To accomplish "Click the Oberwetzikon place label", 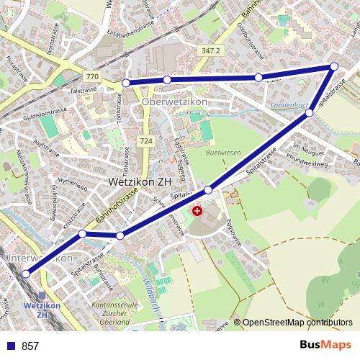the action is [x=175, y=102].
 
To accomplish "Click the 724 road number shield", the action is [x=146, y=140].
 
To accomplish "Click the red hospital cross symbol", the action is [x=197, y=211].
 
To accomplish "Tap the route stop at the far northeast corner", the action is [x=333, y=67].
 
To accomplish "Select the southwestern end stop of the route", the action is [x=27, y=274].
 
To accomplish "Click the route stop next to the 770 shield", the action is [x=127, y=83].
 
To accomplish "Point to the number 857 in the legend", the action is [x=30, y=346].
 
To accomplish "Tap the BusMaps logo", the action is [x=325, y=345].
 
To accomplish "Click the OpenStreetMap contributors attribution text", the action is [x=297, y=323].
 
